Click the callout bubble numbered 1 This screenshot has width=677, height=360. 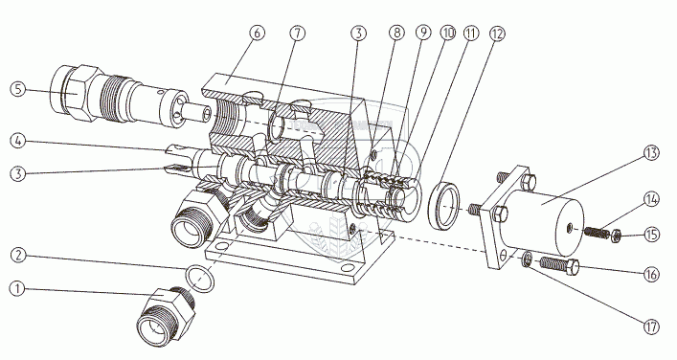pos(17,289)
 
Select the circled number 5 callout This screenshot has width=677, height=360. pos(17,89)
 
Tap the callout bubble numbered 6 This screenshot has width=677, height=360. pos(257,33)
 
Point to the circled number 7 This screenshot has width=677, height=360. pos(297,34)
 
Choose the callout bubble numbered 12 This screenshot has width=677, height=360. pos(497,34)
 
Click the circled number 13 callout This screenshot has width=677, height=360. pos(650,152)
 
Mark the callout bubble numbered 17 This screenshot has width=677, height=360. pos(650,326)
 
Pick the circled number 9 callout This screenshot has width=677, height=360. pos(423,33)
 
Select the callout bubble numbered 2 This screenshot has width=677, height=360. pos(17,255)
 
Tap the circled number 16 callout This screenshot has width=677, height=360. pos(650,275)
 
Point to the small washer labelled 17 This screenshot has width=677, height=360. pos(527,260)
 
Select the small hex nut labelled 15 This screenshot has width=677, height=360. pos(616,236)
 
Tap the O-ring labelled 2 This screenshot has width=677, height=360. pos(199,279)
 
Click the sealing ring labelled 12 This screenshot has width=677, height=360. pos(443,207)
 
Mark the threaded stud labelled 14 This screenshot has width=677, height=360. pos(598,233)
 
